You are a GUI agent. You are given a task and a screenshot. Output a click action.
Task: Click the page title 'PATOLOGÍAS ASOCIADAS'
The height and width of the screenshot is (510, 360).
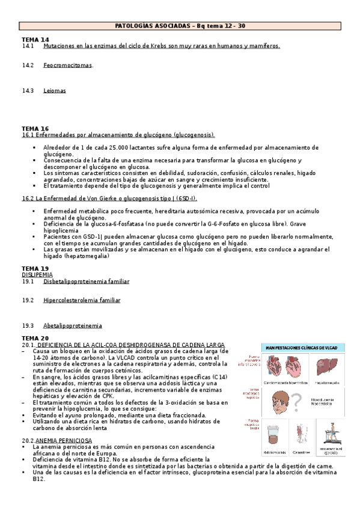[153, 26]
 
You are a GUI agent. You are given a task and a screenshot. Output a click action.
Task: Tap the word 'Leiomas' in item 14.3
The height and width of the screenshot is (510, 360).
[55, 91]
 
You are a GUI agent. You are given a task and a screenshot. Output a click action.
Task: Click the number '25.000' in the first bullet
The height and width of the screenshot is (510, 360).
[111, 147]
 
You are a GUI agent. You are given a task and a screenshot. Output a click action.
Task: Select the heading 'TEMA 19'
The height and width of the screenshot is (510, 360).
[35, 268]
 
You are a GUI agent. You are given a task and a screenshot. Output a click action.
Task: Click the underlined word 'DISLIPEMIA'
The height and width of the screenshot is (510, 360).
[37, 274]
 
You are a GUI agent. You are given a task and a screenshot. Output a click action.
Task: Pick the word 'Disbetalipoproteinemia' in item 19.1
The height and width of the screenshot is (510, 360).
[86, 281]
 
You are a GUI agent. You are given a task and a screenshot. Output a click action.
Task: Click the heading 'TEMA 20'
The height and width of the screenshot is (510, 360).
[35, 339]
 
